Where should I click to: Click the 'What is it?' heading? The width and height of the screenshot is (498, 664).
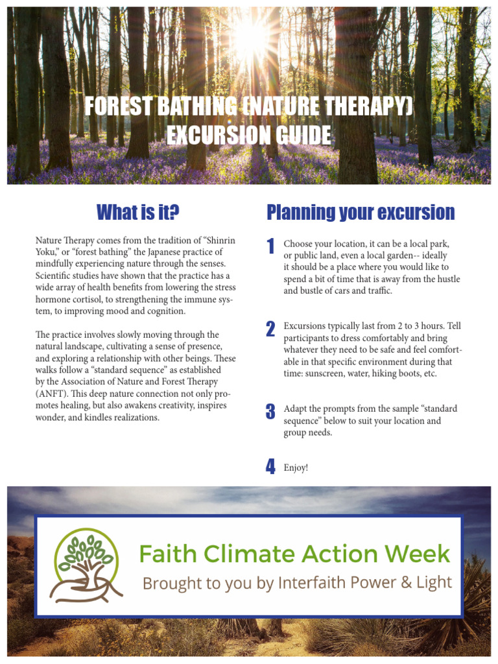[x=137, y=212]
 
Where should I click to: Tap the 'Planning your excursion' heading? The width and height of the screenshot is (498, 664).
[x=361, y=212]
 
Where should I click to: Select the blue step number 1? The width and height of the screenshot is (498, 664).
[x=270, y=246]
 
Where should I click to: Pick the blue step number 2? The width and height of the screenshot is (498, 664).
[x=270, y=329]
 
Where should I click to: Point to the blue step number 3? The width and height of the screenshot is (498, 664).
[x=270, y=412]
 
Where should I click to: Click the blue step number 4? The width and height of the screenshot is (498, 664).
[x=270, y=467]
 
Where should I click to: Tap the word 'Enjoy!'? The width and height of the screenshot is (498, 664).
[x=296, y=468]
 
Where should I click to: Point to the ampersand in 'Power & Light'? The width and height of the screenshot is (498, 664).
[x=399, y=582]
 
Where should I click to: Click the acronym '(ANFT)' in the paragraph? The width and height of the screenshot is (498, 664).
[x=51, y=394]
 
